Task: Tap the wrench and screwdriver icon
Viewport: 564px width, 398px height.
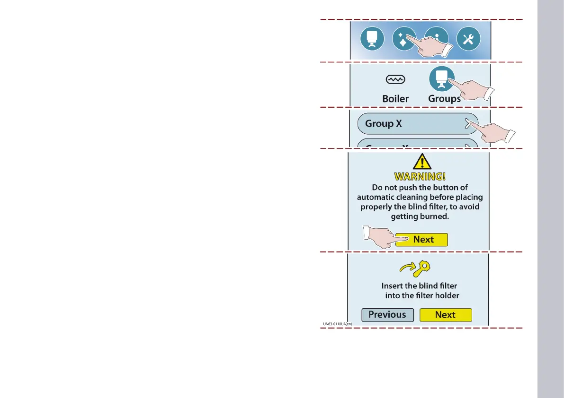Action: [468, 40]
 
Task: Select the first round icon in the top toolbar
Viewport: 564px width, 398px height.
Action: [372, 40]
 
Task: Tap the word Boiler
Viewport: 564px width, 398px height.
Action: [395, 99]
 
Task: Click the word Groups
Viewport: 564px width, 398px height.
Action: [444, 99]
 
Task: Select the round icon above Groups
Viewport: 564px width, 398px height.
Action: [441, 78]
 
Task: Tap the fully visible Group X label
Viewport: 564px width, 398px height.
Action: [384, 124]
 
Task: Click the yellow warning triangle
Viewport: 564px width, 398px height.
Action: [420, 162]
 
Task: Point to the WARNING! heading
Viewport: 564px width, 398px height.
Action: [420, 177]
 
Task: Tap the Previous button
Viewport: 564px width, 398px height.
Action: [387, 315]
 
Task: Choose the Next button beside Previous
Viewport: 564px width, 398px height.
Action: [446, 315]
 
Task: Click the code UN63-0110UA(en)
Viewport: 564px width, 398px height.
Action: [337, 324]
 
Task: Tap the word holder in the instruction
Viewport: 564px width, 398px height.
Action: [445, 296]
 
